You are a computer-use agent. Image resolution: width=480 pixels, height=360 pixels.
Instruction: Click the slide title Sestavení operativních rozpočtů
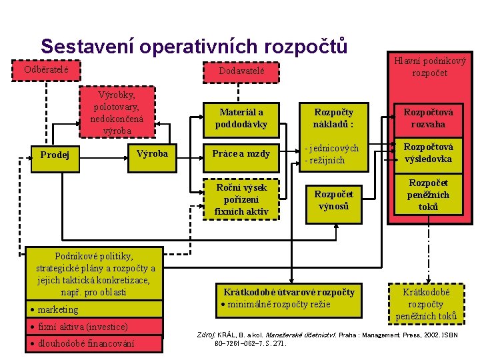pos(193,46)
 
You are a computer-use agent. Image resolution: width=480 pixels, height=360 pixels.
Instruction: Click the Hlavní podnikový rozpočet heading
pos(429,67)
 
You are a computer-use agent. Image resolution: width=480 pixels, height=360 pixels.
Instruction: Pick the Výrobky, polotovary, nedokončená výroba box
pos(117,112)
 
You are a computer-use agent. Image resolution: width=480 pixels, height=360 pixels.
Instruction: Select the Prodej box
pos(56,155)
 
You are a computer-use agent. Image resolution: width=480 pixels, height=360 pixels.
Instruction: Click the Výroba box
pos(152,154)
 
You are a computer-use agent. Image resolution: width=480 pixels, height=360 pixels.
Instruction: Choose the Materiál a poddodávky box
pos(241,118)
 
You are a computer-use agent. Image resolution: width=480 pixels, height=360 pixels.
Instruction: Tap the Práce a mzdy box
pos(241,154)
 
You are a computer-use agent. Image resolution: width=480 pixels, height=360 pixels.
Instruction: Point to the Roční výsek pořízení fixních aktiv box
pos(241,199)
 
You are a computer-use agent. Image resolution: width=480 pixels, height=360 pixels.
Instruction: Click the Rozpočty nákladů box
pos(333,118)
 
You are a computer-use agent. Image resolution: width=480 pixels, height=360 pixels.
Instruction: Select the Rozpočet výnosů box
pos(333,199)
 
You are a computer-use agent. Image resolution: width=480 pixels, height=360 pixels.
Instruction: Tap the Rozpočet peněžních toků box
pos(429,195)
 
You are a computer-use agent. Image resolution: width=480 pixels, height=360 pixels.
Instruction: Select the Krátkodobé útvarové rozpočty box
pos(289,298)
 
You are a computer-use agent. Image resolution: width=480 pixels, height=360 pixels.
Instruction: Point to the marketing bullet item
pos(58,309)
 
